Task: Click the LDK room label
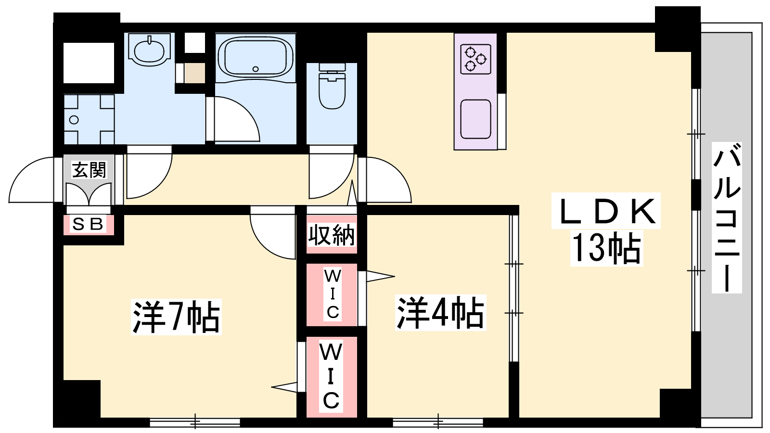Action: pyautogui.click(x=606, y=211)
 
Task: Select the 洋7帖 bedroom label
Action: pyautogui.click(x=176, y=317)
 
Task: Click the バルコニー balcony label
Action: pyautogui.click(x=727, y=218)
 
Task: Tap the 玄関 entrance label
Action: pyautogui.click(x=89, y=170)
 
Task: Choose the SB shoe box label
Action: pyautogui.click(x=89, y=224)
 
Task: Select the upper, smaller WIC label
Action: pyautogui.click(x=333, y=294)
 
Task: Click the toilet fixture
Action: pyautogui.click(x=332, y=86)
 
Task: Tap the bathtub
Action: pyautogui.click(x=256, y=57)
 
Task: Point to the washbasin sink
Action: pyautogui.click(x=149, y=50)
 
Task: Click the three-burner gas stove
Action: pyautogui.click(x=476, y=59)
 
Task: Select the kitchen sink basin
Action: pyautogui.click(x=476, y=119)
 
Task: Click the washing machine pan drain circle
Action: pyautogui.click(x=74, y=120)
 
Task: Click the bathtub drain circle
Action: pyautogui.click(x=256, y=69)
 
